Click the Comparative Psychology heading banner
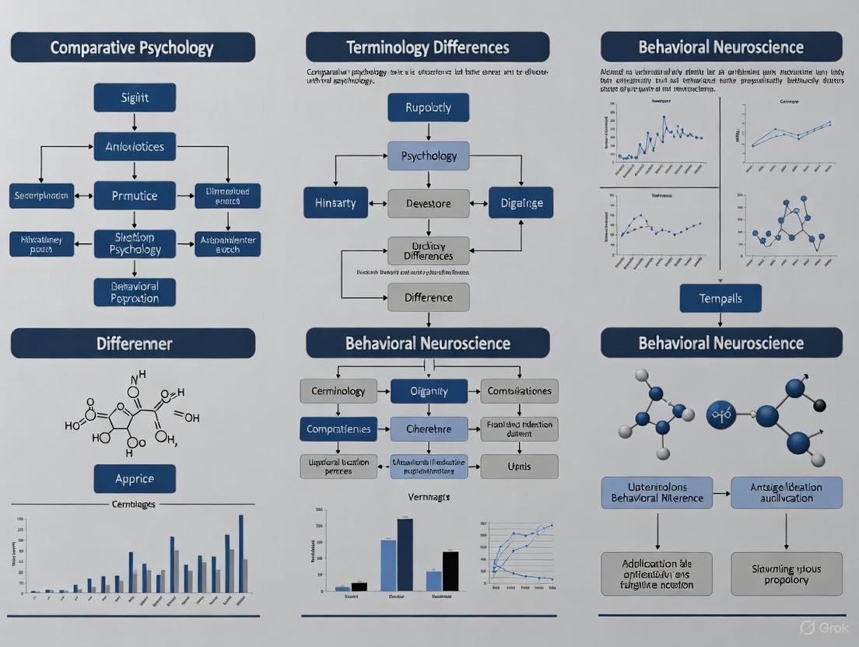click(x=132, y=47)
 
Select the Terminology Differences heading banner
click(x=427, y=47)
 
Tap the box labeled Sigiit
click(x=135, y=98)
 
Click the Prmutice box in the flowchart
click(x=135, y=196)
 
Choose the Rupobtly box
click(x=428, y=107)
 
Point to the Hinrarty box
click(x=335, y=203)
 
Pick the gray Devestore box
click(x=428, y=203)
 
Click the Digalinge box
click(x=521, y=203)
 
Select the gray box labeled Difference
click(x=428, y=297)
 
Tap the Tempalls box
click(x=721, y=298)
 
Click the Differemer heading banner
click(x=132, y=343)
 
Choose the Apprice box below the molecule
click(x=135, y=478)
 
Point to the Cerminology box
click(x=338, y=391)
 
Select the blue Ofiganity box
click(x=429, y=391)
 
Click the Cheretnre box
click(x=429, y=428)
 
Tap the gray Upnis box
click(x=519, y=466)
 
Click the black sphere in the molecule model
click(x=819, y=405)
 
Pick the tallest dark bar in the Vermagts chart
click(x=405, y=554)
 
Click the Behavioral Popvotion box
click(x=135, y=292)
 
